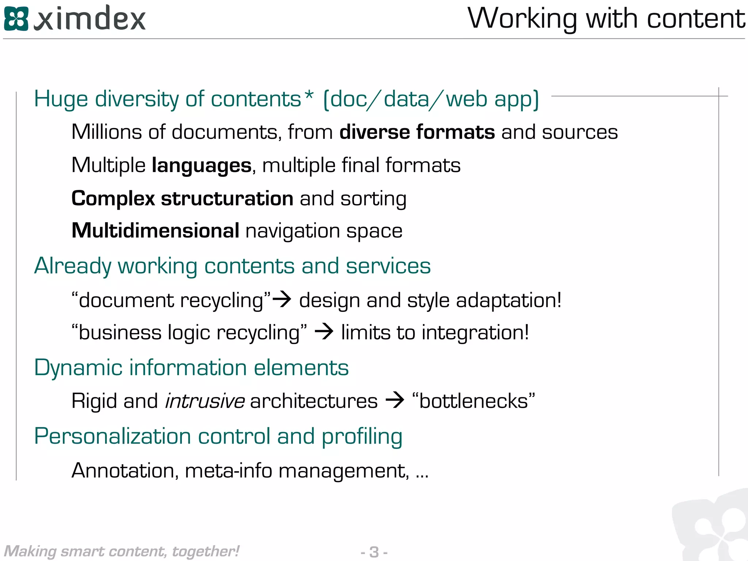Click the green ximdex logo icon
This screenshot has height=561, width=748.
(16, 19)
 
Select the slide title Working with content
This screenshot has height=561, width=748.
(606, 19)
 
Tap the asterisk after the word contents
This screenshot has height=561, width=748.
(309, 96)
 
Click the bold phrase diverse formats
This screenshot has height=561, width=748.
(417, 132)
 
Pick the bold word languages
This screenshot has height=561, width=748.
(202, 165)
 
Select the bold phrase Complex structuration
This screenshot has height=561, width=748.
(182, 199)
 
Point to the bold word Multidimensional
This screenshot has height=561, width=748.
(156, 231)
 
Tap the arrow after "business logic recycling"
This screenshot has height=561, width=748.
(324, 332)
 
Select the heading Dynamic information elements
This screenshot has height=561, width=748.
(191, 367)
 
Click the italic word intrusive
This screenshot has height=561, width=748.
(205, 401)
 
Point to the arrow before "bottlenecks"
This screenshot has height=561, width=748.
(395, 400)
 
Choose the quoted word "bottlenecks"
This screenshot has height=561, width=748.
(473, 401)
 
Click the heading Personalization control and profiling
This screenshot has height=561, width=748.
(218, 436)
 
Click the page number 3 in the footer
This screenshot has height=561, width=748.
(374, 552)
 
